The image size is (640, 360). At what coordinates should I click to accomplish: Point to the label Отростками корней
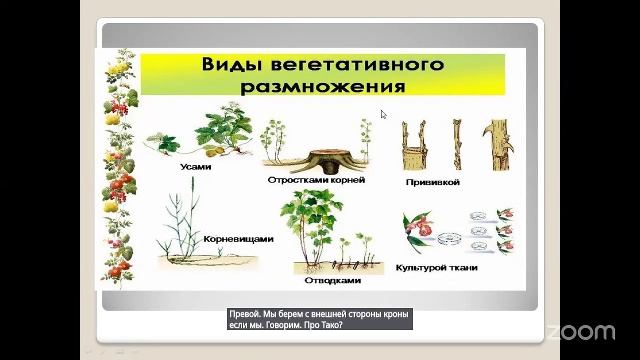316,180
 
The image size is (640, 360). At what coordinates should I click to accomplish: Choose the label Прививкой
433,183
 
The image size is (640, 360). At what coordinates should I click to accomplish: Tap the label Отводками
331,280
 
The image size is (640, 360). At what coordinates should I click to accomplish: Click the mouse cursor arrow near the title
384,115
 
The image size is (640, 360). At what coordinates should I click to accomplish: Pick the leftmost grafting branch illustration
410,145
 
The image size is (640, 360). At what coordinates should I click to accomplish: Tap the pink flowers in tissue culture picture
425,232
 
